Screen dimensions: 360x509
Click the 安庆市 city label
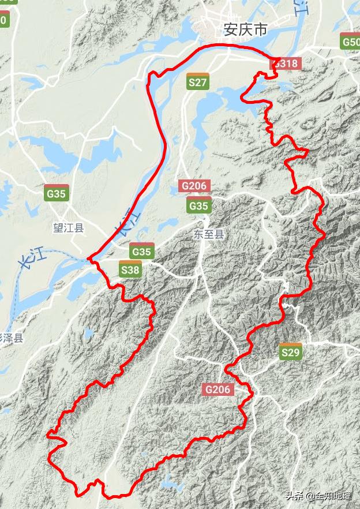[245, 29]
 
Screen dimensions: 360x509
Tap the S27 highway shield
[198, 82]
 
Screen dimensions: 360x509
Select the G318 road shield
[287, 63]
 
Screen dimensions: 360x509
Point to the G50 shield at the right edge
[351, 42]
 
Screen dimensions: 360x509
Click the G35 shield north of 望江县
[57, 193]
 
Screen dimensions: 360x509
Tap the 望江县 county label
[68, 228]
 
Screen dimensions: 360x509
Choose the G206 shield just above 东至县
[195, 186]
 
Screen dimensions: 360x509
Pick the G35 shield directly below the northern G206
[199, 205]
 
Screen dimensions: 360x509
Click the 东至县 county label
[208, 234]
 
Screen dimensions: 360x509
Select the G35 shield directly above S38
[141, 251]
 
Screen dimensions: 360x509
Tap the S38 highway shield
[130, 268]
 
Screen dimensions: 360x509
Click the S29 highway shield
[291, 351]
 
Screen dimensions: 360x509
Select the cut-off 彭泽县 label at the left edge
[11, 338]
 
